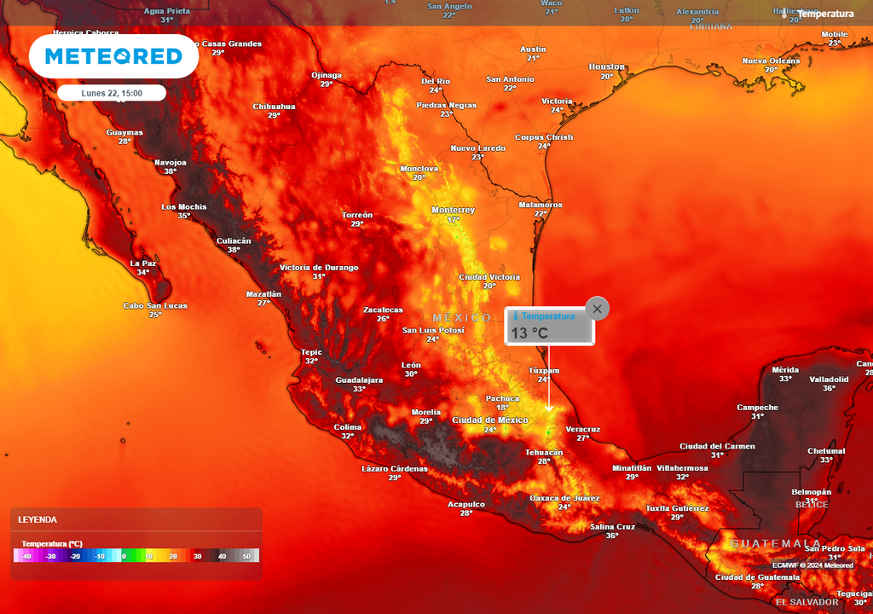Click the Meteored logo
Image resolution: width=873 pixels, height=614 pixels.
pyautogui.click(x=113, y=56)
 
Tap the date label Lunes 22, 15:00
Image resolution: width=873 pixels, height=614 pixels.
pyautogui.click(x=112, y=93)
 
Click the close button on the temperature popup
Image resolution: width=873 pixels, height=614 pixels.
pyautogui.click(x=598, y=309)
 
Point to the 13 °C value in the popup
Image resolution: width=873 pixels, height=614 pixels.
pyautogui.click(x=529, y=333)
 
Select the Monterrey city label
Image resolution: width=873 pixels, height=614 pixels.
pyautogui.click(x=453, y=210)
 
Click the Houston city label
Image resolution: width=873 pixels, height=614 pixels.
pyautogui.click(x=607, y=67)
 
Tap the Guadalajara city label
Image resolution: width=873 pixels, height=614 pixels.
pyautogui.click(x=359, y=379)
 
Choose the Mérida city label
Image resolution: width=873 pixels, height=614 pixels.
pyautogui.click(x=785, y=369)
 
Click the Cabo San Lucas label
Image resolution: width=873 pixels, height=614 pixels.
pyautogui.click(x=155, y=305)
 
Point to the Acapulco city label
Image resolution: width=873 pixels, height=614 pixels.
pyautogui.click(x=466, y=504)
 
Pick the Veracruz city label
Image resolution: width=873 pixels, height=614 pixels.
pyautogui.click(x=583, y=429)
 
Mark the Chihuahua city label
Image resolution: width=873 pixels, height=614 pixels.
pyautogui.click(x=274, y=107)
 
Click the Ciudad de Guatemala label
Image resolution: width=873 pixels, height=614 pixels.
pyautogui.click(x=757, y=577)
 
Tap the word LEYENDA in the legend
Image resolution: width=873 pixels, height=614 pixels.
pyautogui.click(x=38, y=519)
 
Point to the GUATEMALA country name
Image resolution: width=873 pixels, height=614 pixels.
pyautogui.click(x=775, y=543)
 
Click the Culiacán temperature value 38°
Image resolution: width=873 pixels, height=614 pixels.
pyautogui.click(x=234, y=250)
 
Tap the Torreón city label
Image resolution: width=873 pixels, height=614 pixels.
pyautogui.click(x=357, y=215)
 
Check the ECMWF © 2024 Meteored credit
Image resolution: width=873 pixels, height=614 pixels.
pyautogui.click(x=812, y=565)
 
